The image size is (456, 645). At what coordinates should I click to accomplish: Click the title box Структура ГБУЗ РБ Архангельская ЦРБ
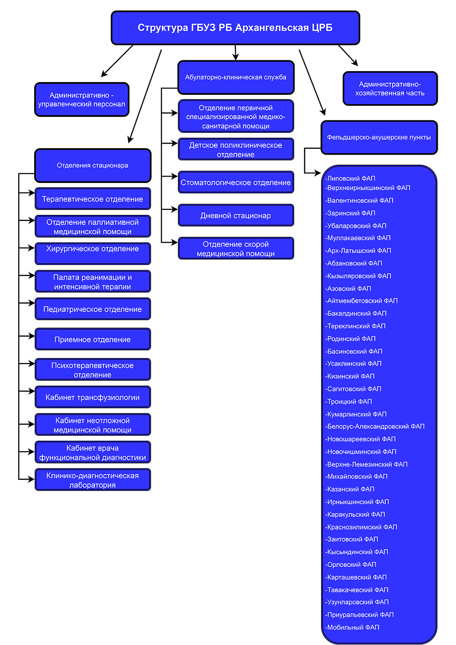[235, 28]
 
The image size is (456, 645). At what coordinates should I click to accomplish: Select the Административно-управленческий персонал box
[82, 99]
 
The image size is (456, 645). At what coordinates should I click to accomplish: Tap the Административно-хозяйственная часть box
[390, 88]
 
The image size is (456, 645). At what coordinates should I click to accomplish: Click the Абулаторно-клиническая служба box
[236, 77]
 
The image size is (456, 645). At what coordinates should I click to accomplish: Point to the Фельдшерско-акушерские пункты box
[379, 137]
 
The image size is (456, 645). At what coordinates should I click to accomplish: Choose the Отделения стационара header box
[93, 166]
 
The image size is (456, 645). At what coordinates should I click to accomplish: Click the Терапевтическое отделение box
[93, 199]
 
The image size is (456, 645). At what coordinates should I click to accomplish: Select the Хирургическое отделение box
[93, 254]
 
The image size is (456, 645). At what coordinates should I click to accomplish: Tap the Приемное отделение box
[93, 339]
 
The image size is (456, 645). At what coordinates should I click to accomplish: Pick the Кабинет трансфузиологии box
[93, 397]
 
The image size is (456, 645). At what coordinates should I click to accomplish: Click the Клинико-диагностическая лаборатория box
[93, 480]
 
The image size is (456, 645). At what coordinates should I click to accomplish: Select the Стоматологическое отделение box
[236, 182]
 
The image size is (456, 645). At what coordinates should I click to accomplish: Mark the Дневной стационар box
[236, 215]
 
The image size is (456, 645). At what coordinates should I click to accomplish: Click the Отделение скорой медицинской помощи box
[236, 249]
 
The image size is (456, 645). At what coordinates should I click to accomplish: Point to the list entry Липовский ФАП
[350, 178]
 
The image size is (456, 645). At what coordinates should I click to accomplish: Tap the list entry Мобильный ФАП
[352, 627]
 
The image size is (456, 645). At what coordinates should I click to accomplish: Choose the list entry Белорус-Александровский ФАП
[375, 426]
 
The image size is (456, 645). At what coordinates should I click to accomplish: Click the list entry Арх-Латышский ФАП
[358, 250]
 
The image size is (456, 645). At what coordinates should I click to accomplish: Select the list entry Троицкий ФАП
[348, 401]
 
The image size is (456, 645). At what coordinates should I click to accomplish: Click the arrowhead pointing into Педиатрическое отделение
[31, 303]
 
